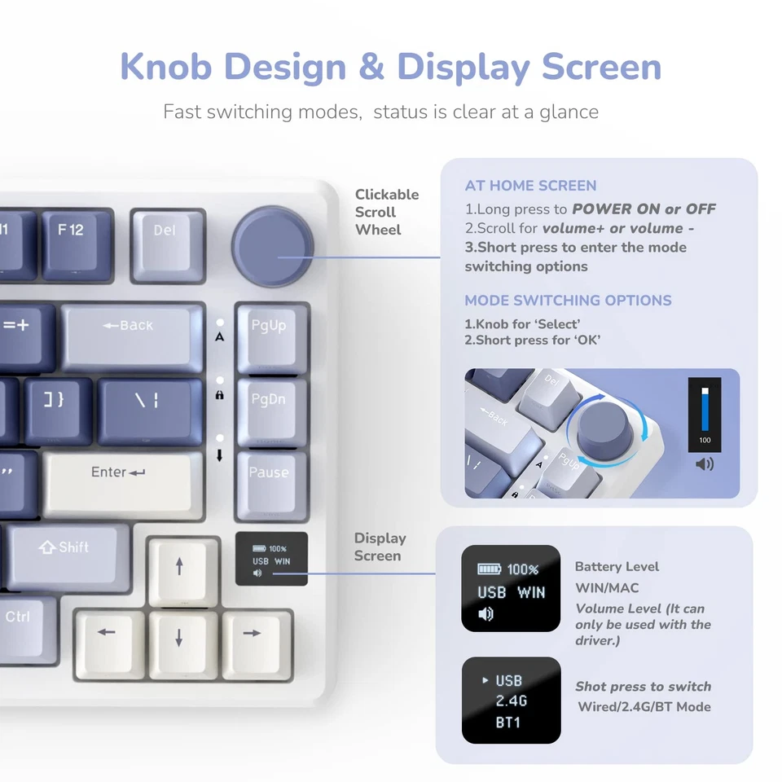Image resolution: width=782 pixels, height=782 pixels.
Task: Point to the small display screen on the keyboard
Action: click(271, 559)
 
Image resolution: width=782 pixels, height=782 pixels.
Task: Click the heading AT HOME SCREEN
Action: click(530, 186)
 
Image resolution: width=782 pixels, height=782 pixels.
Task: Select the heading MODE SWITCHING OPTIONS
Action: click(568, 300)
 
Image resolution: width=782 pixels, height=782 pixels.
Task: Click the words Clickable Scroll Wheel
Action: click(386, 212)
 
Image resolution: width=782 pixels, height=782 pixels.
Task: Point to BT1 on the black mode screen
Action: click(508, 722)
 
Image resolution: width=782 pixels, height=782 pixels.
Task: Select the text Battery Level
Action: click(617, 567)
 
